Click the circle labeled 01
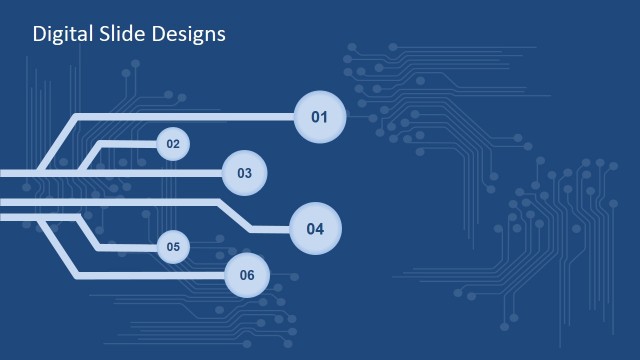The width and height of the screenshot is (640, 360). click(x=320, y=118)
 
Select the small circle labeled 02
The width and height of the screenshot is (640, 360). click(x=173, y=145)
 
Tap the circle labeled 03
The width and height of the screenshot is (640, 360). click(x=245, y=173)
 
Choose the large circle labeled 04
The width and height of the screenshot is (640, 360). click(x=315, y=228)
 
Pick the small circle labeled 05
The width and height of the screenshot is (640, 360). click(x=173, y=246)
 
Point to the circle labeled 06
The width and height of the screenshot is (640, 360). click(x=247, y=275)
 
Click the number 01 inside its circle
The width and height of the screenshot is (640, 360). click(x=320, y=118)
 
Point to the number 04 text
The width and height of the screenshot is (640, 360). click(x=315, y=228)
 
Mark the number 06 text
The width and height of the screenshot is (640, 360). click(x=247, y=275)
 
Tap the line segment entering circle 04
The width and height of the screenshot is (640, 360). click(x=270, y=229)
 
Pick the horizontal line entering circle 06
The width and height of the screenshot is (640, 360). click(x=150, y=275)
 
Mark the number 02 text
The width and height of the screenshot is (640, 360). click(x=173, y=145)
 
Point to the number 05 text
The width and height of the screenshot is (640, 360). click(x=173, y=246)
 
